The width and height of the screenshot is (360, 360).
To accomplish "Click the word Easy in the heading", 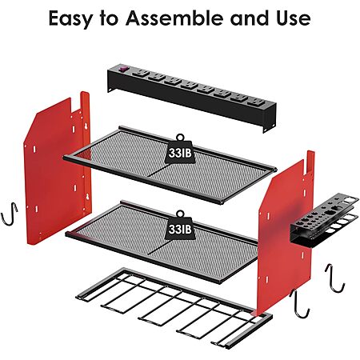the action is (x=70, y=19).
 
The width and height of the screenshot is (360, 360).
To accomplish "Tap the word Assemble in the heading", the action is (x=175, y=18).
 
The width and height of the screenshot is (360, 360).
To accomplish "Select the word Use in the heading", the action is (x=294, y=18).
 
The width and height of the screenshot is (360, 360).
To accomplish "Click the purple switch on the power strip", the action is (x=123, y=69).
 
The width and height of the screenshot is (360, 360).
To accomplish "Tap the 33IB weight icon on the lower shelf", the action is (x=180, y=226).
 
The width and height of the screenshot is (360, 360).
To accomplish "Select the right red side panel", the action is (x=286, y=234).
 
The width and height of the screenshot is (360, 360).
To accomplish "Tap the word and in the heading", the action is (x=250, y=18).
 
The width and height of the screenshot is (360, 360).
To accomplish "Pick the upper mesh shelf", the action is (x=170, y=165).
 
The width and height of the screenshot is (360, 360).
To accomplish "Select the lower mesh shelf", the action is (x=162, y=242).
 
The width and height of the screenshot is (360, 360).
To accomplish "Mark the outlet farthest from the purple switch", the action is (x=257, y=102).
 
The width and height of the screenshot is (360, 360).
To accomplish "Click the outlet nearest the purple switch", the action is (x=141, y=73).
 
